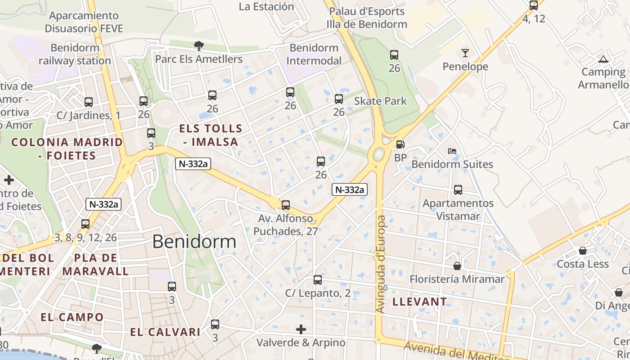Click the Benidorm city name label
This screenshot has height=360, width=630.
194,242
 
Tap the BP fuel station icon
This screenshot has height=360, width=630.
400,144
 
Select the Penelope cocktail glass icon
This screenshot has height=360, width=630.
465,53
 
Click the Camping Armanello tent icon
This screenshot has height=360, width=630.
603,59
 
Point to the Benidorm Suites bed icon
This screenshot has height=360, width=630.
452,151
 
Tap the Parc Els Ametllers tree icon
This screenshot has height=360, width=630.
198,45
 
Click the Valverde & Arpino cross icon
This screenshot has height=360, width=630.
301,329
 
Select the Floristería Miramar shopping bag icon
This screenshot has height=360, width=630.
457,266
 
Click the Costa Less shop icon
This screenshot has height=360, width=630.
583,251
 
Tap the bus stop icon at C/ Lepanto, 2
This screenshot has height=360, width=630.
318,280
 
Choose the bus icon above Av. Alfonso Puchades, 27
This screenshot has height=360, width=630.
286,205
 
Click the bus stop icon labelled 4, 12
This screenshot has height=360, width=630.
534,5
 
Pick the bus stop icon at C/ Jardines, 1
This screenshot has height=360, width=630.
89,102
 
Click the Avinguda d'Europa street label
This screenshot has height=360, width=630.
381,265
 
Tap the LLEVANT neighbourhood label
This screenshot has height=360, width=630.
419,301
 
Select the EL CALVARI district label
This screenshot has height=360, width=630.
165,332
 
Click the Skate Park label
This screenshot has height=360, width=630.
380,101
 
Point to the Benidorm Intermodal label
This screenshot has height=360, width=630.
314,54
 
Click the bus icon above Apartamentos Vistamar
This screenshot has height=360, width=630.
458,190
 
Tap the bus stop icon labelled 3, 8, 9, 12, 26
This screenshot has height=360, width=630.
85,224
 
